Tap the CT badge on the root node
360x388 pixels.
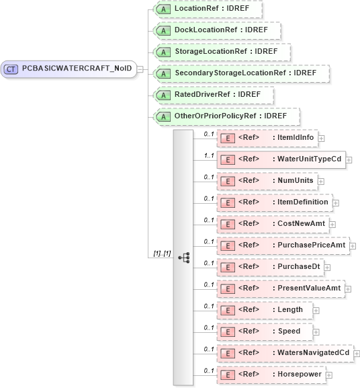[x=11, y=69]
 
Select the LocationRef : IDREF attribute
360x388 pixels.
[x=208, y=9]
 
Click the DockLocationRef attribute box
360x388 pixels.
[x=216, y=31]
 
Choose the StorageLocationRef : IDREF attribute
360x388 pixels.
[x=222, y=52]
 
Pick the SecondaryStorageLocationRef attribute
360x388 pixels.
[x=240, y=73]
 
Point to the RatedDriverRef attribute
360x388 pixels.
[x=213, y=95]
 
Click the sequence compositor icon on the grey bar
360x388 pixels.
[x=183, y=257]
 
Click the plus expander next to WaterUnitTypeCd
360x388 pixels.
[x=349, y=160]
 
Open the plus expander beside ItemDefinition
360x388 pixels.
[x=336, y=202]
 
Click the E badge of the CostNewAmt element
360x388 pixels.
[x=228, y=224]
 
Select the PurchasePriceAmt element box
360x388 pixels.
[x=282, y=245]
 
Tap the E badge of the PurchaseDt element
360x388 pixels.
[x=228, y=267]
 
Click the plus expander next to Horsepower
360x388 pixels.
[x=329, y=375]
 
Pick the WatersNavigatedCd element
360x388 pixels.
[x=284, y=352]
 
